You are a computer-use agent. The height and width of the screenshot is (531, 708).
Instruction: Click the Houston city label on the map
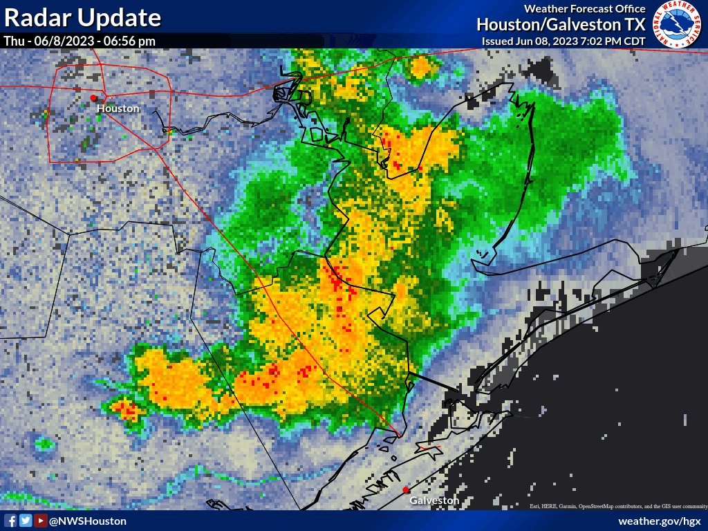[x=118, y=109]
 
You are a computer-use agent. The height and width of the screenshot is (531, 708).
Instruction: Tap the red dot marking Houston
[x=94, y=97]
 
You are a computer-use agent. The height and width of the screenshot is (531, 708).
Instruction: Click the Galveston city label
[x=434, y=500]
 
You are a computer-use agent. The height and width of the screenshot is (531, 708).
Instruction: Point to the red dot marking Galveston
[x=406, y=490]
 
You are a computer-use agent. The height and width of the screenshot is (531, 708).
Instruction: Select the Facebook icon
[x=11, y=521]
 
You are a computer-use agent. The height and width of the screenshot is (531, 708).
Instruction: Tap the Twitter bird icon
[x=26, y=521]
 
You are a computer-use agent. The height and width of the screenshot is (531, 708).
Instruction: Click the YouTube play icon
[x=41, y=521]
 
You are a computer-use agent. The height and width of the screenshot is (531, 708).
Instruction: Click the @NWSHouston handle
[x=88, y=521]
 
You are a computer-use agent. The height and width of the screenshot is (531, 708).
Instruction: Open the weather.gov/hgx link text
[x=660, y=521]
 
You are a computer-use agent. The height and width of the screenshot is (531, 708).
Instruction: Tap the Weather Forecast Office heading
[x=585, y=9]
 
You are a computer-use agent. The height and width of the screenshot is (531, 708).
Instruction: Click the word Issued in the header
[x=498, y=41]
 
